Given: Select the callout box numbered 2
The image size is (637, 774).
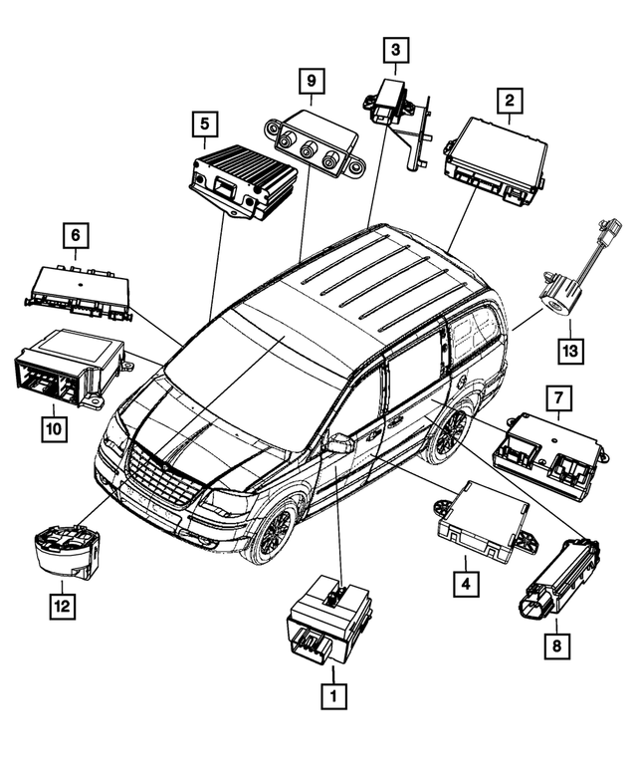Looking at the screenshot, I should point(509,101).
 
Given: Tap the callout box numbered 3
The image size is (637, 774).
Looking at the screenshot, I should point(395,48).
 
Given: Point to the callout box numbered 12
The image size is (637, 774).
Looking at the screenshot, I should point(61,605).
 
